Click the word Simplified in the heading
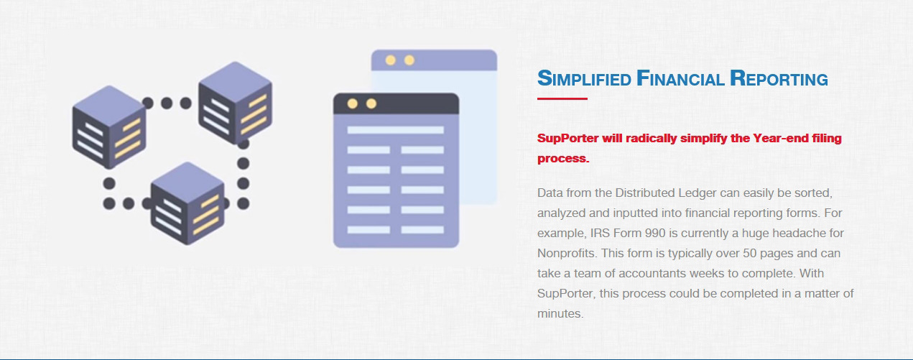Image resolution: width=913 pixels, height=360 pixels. pyautogui.click(x=584, y=78)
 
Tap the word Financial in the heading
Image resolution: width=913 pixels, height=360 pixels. pyautogui.click(x=680, y=78)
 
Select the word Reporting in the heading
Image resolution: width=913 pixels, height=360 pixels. pyautogui.click(x=779, y=78)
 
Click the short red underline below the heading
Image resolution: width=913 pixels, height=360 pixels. pyautogui.click(x=562, y=98)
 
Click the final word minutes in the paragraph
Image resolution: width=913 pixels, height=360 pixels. pyautogui.click(x=560, y=313)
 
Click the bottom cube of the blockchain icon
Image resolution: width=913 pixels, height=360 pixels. pyautogui.click(x=187, y=203)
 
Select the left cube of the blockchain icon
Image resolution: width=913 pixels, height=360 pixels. pyautogui.click(x=108, y=127)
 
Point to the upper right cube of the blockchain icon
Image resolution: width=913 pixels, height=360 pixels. pyautogui.click(x=235, y=103)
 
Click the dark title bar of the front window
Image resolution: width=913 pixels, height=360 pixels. pyautogui.click(x=397, y=103)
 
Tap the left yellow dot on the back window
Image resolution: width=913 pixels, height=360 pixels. pyautogui.click(x=390, y=60)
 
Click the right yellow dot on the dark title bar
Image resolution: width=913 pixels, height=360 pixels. pyautogui.click(x=371, y=103)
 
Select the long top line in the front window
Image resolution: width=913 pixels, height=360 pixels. pyautogui.click(x=395, y=130)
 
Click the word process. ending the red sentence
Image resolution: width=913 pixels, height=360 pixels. pyautogui.click(x=563, y=159)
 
